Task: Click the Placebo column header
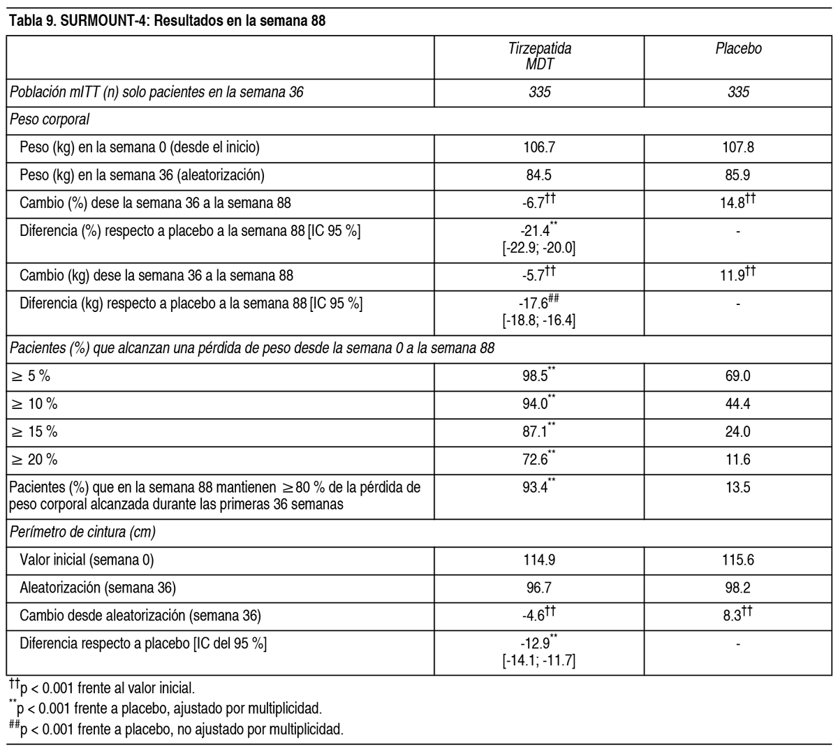pos(738,49)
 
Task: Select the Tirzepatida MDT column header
pos(539,56)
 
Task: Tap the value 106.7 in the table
pos(539,147)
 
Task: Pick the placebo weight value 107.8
pos(738,147)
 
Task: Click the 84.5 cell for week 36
pos(539,175)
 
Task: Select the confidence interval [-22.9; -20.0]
pos(539,248)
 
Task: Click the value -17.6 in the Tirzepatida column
pos(534,304)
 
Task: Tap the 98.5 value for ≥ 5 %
pos(534,376)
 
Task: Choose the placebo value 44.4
pos(738,404)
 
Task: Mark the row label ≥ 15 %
pos(34,432)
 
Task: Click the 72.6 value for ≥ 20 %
pos(534,460)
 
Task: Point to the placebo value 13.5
pos(738,488)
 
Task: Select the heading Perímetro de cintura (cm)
pos(82,532)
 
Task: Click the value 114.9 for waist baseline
pos(539,560)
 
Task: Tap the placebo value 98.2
pos(738,588)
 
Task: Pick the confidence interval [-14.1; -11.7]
pos(539,660)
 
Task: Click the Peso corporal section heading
pos(50,119)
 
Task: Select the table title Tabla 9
pos(168,21)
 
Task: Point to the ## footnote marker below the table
pos(13,726)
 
